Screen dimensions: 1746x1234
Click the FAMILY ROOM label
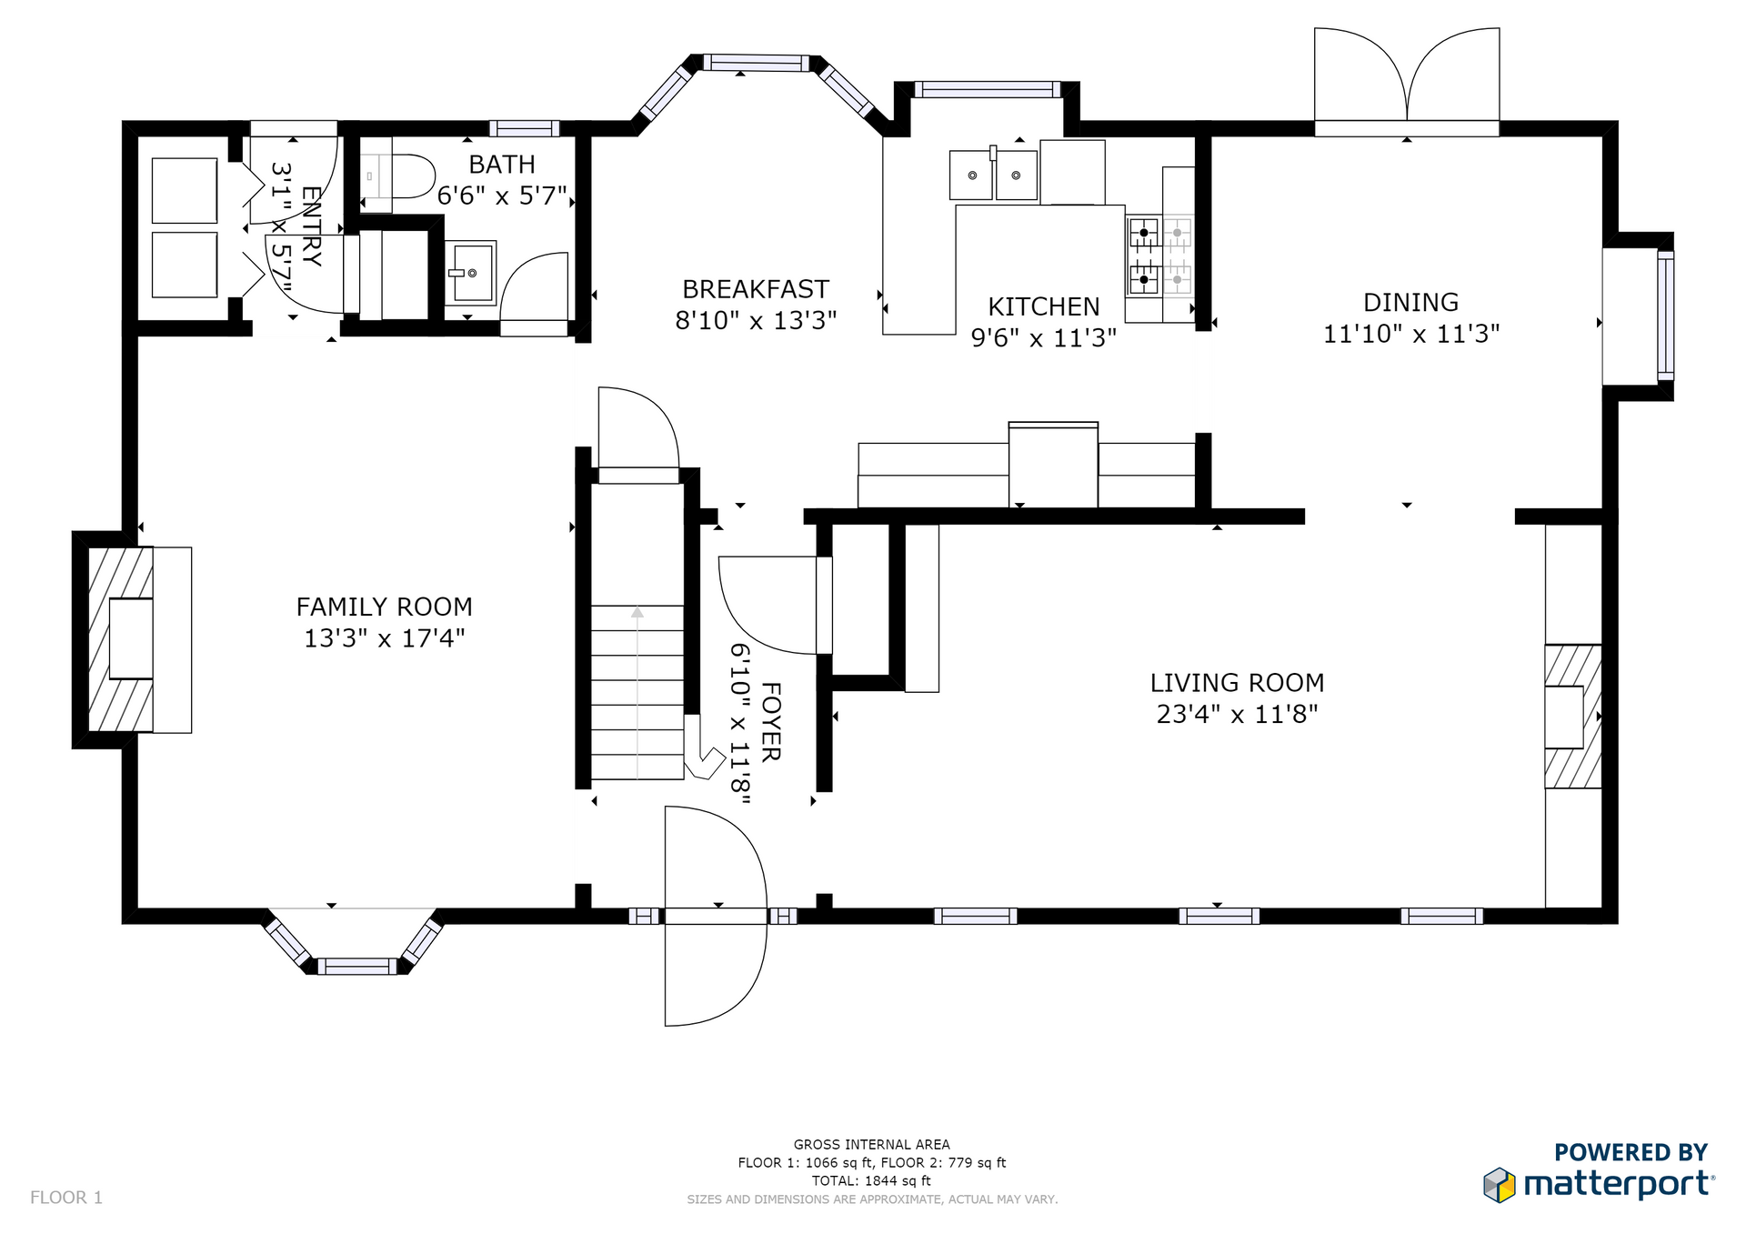point(384,607)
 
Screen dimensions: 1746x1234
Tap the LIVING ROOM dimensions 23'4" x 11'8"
point(1237,714)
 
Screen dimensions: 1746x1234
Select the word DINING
point(1410,302)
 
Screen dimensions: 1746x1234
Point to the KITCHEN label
point(1044,306)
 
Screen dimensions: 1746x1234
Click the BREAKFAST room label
point(756,289)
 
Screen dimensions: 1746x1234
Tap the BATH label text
point(502,165)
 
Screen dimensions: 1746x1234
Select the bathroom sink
point(470,273)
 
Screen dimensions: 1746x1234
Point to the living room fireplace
point(1573,717)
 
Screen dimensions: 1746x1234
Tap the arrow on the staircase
point(637,691)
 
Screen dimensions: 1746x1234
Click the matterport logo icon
point(1500,1185)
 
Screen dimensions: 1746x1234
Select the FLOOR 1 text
point(66,1198)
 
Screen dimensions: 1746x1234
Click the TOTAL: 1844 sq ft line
point(871,1181)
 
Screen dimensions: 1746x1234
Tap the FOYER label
point(770,722)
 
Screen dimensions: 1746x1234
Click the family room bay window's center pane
point(356,966)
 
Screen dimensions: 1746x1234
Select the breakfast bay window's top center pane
point(756,63)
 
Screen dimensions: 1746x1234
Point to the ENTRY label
point(311,226)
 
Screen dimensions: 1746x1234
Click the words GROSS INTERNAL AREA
point(871,1145)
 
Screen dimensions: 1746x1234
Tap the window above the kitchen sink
point(988,89)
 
